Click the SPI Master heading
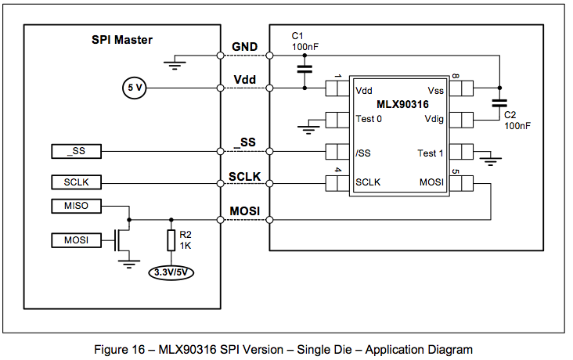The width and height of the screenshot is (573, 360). point(117,39)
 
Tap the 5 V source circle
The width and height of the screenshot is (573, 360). point(134,88)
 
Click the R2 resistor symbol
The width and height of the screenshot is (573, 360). point(171,240)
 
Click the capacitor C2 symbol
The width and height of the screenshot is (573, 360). point(499,103)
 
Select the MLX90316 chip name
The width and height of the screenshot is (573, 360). point(402,104)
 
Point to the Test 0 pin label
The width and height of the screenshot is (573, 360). point(369,120)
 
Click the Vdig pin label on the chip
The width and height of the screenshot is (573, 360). point(434,120)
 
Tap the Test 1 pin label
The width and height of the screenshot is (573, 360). point(431,153)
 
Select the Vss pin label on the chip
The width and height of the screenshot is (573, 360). point(436,90)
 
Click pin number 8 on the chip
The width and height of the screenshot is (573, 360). point(455,77)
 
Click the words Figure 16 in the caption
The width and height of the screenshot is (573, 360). point(125,349)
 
